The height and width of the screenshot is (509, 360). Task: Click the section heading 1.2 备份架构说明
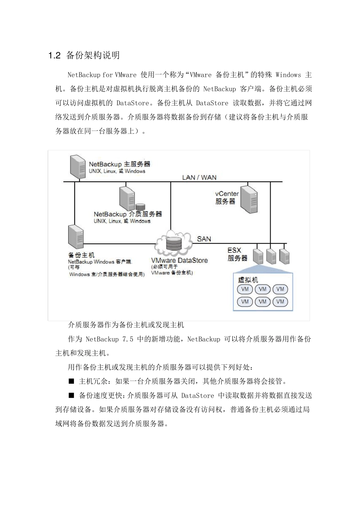tap(84, 55)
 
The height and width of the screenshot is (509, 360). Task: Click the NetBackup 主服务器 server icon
tap(78, 166)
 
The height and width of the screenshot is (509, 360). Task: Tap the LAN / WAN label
tap(199, 177)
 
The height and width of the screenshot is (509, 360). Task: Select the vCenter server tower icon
tap(249, 198)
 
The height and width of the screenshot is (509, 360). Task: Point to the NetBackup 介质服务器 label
tap(128, 214)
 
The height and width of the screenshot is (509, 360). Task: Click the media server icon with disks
tap(129, 198)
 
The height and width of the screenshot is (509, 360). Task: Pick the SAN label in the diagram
tap(204, 239)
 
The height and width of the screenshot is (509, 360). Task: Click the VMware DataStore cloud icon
tap(173, 243)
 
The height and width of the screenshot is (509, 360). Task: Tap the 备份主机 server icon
tap(76, 237)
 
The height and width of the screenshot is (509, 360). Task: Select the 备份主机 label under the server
tap(81, 255)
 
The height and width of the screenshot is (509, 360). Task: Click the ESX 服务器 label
tap(237, 254)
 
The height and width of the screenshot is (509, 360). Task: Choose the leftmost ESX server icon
tap(258, 256)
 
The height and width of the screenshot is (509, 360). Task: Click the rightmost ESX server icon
tap(284, 256)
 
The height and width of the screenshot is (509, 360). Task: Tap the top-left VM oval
tap(245, 289)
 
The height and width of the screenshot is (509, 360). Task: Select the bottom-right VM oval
tap(280, 302)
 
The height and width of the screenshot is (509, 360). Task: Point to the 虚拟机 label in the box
tap(248, 280)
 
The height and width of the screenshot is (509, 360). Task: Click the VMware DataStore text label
tap(179, 261)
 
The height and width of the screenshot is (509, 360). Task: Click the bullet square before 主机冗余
tap(71, 381)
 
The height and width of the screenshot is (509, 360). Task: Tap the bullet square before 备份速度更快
tap(71, 395)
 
